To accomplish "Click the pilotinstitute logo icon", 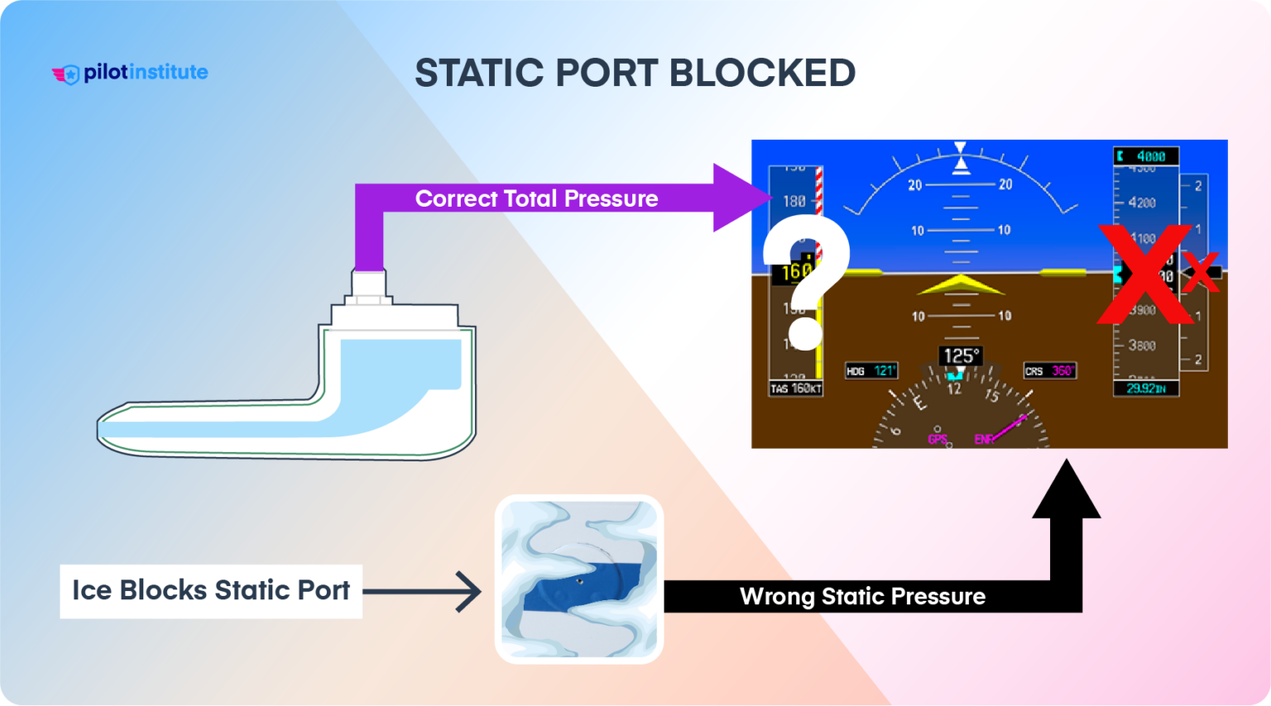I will [66, 74].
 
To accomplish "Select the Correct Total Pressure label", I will [536, 199].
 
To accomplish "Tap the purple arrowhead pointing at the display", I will [741, 198].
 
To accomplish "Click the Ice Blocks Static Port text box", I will [211, 590].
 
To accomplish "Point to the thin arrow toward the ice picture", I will [422, 591].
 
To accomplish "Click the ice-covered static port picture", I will [579, 579].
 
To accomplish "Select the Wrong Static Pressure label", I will [862, 597].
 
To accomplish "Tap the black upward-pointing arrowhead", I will [1066, 492].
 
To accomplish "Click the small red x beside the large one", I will [1201, 272].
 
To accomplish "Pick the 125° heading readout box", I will [960, 356].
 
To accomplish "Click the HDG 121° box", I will [871, 371].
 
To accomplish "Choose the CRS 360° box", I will [1049, 371].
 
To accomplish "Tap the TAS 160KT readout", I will [795, 389].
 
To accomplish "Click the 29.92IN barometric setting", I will [1145, 388].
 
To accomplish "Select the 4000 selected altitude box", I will [1146, 156].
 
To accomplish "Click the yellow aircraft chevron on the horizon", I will [960, 285].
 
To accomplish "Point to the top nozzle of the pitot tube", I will [369, 285].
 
